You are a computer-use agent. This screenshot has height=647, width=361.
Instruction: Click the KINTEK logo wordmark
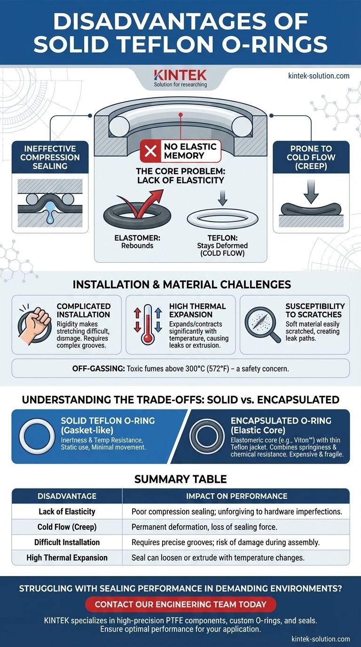[x=180, y=75]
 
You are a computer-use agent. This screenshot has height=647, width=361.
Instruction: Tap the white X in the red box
[x=150, y=151]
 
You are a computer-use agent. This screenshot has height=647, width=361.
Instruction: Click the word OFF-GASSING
[x=99, y=369]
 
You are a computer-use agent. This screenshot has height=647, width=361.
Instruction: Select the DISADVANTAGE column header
[x=67, y=496]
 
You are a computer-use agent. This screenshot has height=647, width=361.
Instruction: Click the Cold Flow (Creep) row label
[x=67, y=527]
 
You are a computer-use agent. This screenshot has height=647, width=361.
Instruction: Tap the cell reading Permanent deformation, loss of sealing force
[x=204, y=527]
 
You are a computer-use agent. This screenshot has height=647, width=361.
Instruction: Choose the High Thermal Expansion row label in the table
[x=67, y=558]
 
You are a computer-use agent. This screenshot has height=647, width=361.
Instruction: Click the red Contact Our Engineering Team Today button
[x=180, y=604]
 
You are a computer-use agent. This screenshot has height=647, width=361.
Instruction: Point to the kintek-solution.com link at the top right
[x=319, y=76]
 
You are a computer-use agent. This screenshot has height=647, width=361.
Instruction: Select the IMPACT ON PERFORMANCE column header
[x=236, y=496]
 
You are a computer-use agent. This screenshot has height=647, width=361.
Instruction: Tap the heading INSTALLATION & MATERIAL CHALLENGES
[x=181, y=284]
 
